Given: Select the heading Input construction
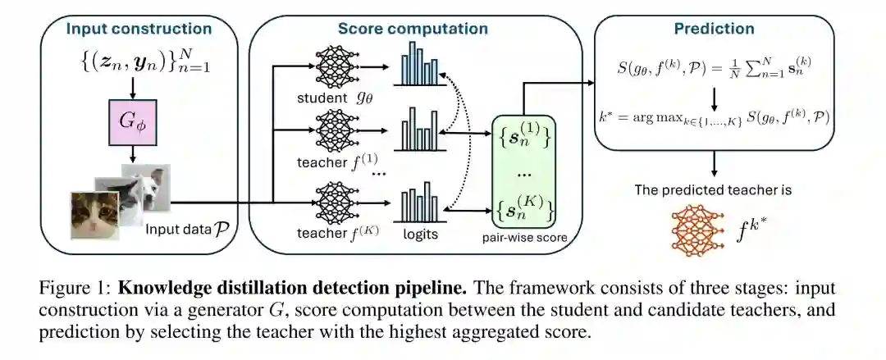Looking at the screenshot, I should point(139,30).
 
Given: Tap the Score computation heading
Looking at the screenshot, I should point(413,30).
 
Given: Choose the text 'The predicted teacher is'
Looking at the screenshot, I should point(714,190).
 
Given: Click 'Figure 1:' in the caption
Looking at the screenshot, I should point(72,289).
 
